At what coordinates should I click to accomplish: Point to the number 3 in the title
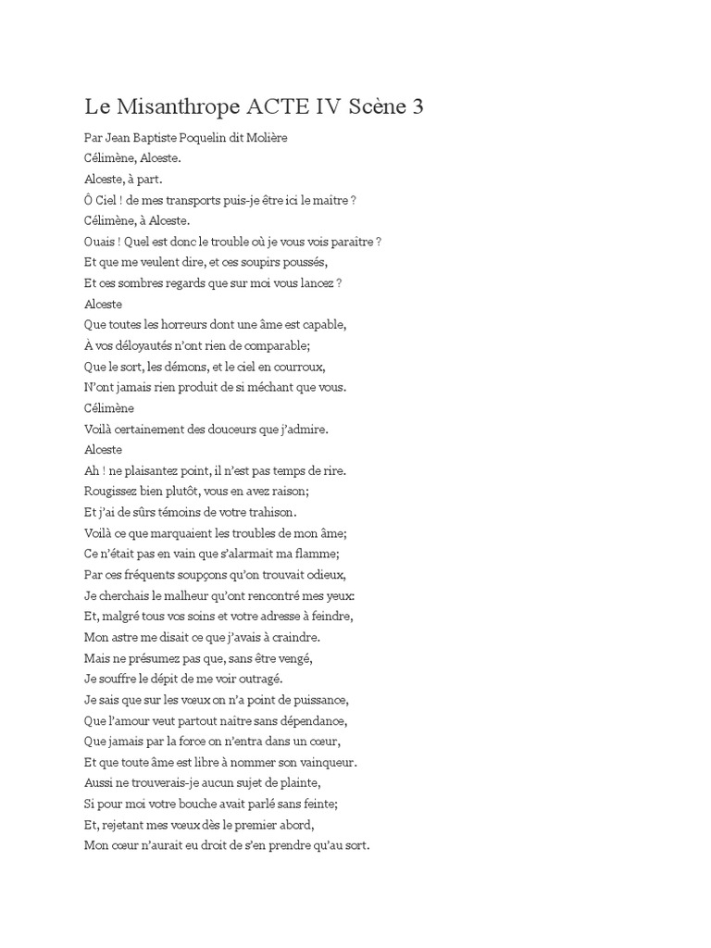tap(418, 106)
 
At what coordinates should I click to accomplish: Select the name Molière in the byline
tap(265, 138)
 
